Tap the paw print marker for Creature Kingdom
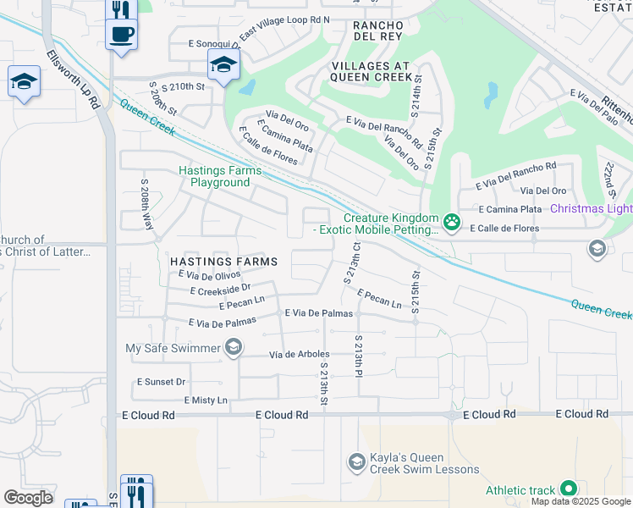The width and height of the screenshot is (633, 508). [452, 223]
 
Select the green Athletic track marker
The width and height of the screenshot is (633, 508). [568, 489]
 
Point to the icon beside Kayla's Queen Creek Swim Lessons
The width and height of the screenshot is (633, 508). [357, 461]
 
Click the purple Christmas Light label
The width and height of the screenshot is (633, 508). [591, 209]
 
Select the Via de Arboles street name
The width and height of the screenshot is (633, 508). [299, 355]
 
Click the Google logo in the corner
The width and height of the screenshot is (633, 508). [29, 498]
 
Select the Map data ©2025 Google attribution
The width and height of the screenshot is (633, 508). [580, 501]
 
